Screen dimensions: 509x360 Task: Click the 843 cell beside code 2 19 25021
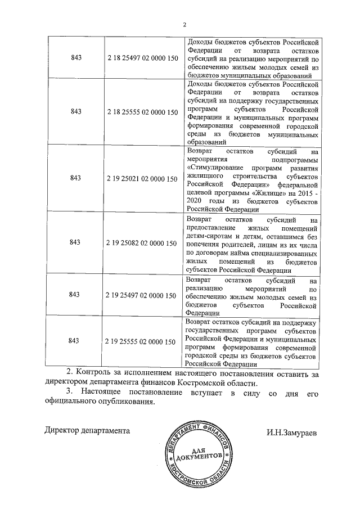75,178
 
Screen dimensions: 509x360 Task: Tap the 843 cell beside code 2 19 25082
75,243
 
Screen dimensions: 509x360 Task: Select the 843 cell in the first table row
75,59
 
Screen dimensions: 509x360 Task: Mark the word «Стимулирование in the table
217,168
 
